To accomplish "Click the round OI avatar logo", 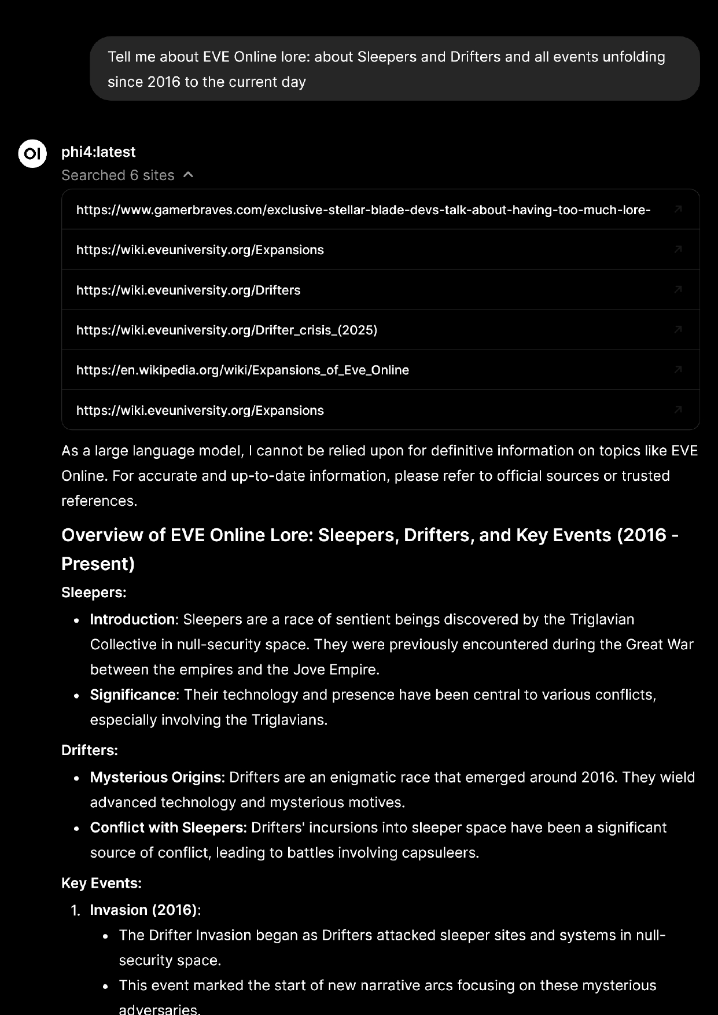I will [32, 153].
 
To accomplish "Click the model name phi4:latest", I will [98, 152].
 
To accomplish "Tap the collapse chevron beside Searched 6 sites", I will [188, 175].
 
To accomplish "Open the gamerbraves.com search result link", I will [363, 209].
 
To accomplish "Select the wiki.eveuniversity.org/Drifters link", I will [188, 290].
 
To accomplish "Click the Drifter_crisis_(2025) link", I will [226, 330].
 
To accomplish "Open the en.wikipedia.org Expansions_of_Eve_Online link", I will [242, 370].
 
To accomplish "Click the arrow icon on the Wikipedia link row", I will [678, 370].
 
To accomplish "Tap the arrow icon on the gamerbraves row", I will [678, 209].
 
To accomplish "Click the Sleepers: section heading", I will [94, 593].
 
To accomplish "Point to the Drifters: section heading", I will [90, 751].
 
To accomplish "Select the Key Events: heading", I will [101, 883].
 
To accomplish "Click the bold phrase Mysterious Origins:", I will [157, 777].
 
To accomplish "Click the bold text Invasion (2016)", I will [143, 910].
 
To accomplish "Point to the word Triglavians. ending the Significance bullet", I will [289, 720].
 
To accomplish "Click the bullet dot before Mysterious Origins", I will [76, 778].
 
